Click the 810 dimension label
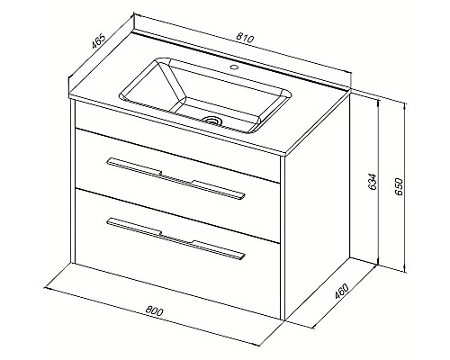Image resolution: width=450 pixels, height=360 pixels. (245, 38)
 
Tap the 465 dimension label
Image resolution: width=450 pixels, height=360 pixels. (98, 41)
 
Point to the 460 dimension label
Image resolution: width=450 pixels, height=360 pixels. (341, 292)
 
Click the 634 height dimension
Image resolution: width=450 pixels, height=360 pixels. (373, 182)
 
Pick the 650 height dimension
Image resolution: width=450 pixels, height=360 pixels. (398, 186)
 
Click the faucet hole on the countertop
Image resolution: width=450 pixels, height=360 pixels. (235, 67)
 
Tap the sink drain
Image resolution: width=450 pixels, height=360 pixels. (212, 121)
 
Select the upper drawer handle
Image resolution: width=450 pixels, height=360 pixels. (175, 178)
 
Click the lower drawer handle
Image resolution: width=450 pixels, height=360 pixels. (175, 238)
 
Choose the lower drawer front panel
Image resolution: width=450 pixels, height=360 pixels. (177, 254)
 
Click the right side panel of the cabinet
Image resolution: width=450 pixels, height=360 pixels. (316, 207)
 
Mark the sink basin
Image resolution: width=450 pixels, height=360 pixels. (205, 94)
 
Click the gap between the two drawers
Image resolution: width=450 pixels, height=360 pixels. (177, 215)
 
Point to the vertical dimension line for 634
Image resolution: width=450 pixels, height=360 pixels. (378, 182)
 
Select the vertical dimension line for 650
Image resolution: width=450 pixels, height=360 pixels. (405, 187)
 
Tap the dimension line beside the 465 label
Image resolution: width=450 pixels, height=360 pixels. (102, 47)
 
